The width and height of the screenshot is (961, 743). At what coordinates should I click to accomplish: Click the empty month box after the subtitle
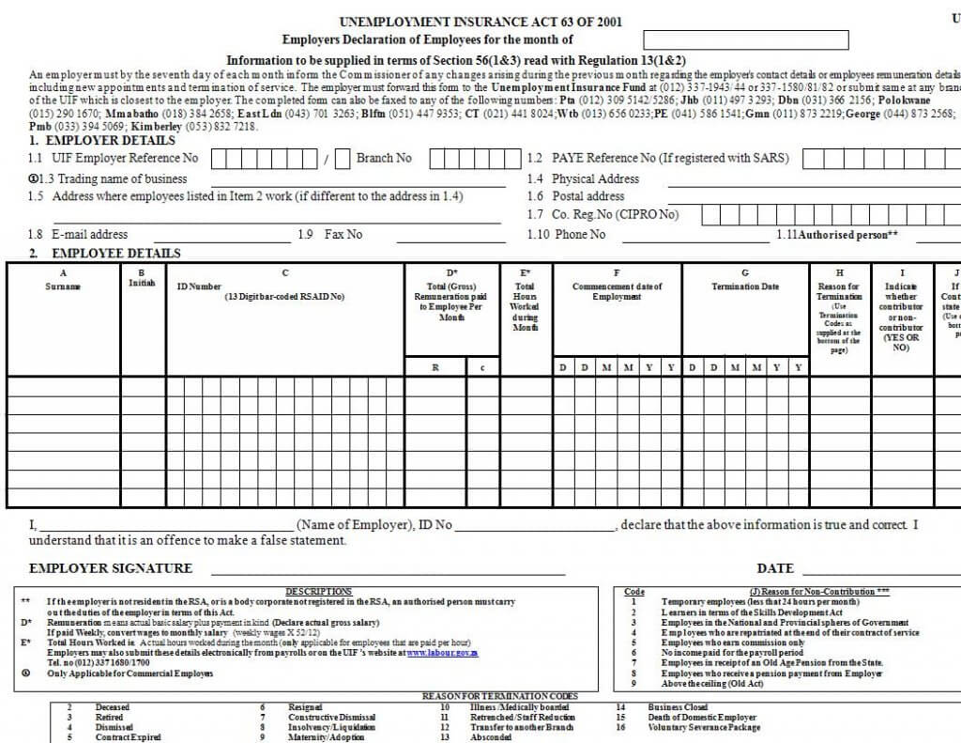[x=745, y=40]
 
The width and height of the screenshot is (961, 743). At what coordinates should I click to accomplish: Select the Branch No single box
[x=343, y=159]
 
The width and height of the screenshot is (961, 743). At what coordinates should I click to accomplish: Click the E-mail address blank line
[x=221, y=235]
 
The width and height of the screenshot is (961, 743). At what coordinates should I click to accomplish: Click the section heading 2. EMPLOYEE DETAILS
[x=105, y=254]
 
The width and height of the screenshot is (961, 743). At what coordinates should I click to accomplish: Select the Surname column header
[x=63, y=286]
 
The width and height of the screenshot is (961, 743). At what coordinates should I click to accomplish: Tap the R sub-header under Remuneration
[x=435, y=368]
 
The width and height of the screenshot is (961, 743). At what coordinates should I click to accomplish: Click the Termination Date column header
[x=745, y=286]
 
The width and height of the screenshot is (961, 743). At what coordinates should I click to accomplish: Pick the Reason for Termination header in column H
[x=839, y=291]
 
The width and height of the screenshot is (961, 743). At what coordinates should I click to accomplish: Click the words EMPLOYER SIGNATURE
[x=111, y=568]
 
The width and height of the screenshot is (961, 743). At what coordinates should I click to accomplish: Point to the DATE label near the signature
[x=775, y=568]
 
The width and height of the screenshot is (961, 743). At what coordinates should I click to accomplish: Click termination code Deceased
[x=113, y=707]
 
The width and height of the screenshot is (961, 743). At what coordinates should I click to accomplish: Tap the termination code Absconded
[x=491, y=737]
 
